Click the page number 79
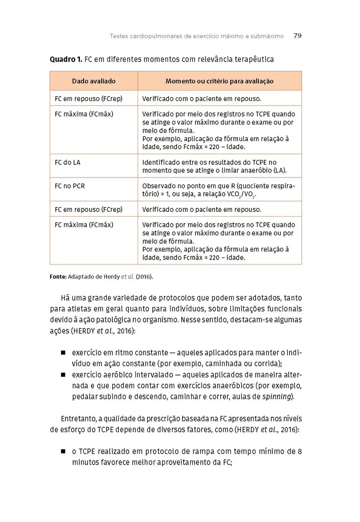click(x=298, y=36)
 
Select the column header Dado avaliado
click(x=94, y=81)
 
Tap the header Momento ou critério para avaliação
click(x=219, y=81)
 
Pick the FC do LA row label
click(x=67, y=162)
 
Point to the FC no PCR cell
click(x=70, y=186)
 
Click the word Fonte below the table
click(x=57, y=277)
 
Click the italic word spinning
click(x=277, y=396)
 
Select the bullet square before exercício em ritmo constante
click(x=63, y=352)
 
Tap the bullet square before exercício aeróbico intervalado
click(x=63, y=375)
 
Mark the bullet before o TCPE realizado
click(x=63, y=451)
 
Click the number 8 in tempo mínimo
click(x=299, y=451)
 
